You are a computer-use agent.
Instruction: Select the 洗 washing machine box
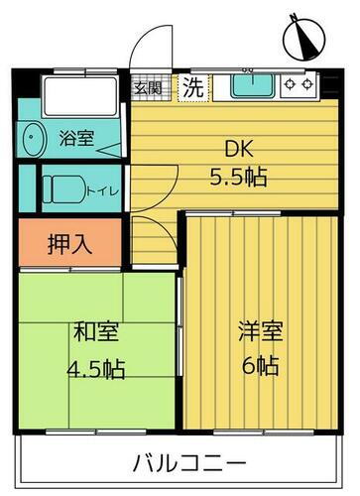194,87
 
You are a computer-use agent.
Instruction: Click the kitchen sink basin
252,86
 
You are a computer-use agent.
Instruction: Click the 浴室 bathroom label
76,138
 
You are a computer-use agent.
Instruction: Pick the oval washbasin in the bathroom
35,138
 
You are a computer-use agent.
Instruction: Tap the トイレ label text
99,188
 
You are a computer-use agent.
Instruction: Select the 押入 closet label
69,244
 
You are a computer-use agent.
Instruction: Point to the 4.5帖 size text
94,368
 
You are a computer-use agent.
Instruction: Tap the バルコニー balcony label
186,463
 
